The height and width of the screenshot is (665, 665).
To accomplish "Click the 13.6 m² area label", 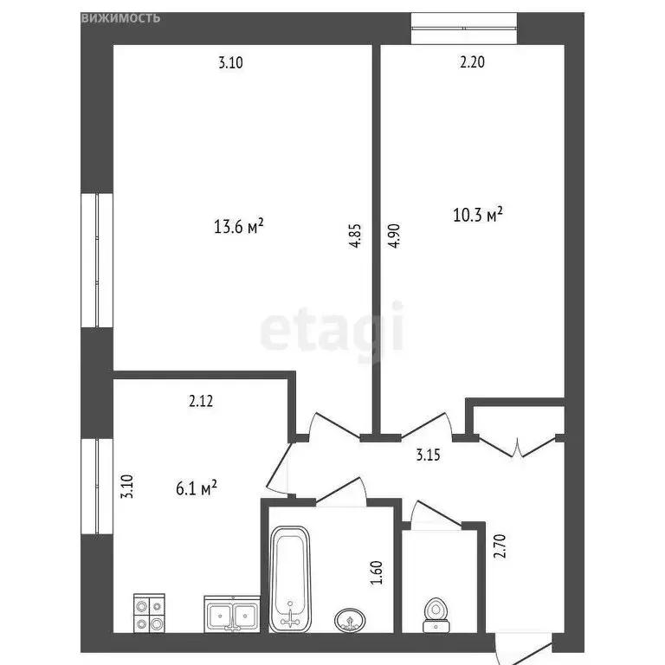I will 238,226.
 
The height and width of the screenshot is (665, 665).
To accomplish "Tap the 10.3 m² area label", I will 478,215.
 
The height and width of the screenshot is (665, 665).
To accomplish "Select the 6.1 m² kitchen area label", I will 196,489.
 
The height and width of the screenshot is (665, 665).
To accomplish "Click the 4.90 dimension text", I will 395,237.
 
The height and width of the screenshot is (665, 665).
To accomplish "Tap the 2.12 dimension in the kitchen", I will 201,401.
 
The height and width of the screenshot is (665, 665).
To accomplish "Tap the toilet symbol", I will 436,613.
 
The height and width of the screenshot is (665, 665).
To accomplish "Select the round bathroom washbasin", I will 350,619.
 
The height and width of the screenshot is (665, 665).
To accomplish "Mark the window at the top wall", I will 464,28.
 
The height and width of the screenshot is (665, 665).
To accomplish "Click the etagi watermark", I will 332,328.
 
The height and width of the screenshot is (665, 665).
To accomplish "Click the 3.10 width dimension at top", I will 231,61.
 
